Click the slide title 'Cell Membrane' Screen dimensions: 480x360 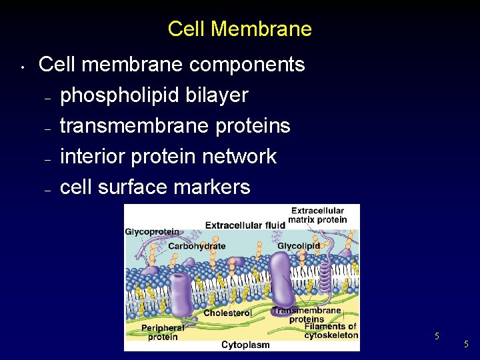click(x=239, y=29)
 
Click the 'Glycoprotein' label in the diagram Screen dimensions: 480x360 click(x=152, y=231)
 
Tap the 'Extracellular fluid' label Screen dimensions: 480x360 click(x=245, y=225)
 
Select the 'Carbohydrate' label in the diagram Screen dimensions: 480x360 click(x=197, y=246)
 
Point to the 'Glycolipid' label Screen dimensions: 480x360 click(x=299, y=246)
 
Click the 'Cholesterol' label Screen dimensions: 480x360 click(x=227, y=313)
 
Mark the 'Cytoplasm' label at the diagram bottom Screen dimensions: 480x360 click(x=245, y=345)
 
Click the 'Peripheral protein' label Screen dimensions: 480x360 click(x=163, y=332)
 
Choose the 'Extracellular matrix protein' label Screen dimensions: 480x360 click(x=318, y=215)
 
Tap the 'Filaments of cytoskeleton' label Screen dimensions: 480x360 click(x=331, y=331)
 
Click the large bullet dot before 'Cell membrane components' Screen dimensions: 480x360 click(x=22, y=67)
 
